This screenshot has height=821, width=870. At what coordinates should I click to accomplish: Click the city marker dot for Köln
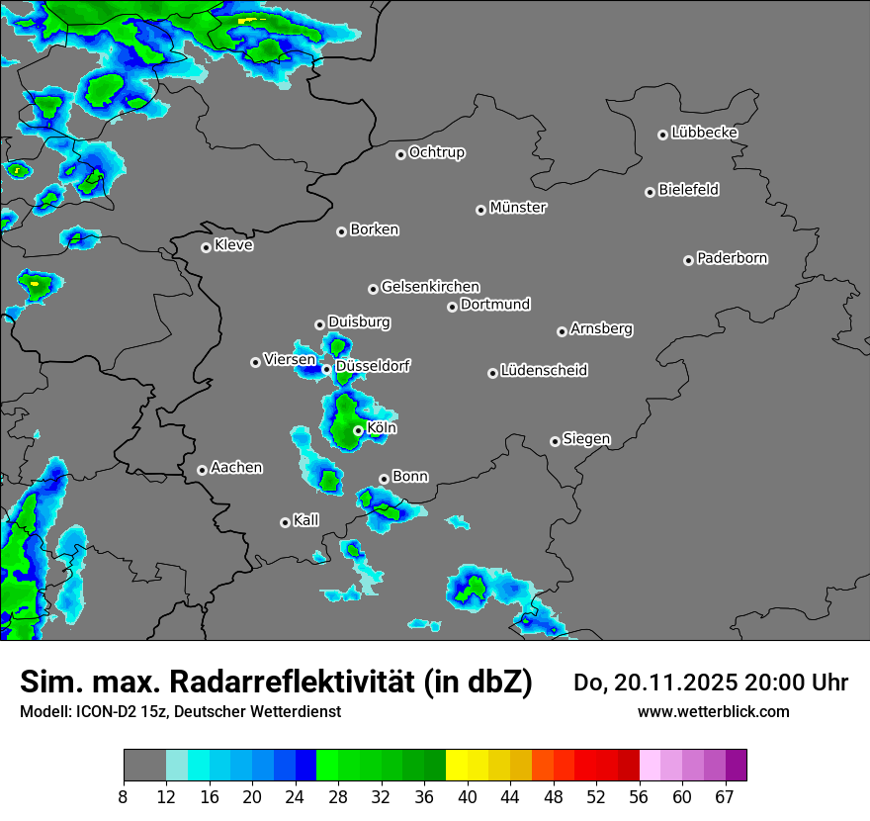pyautogui.click(x=358, y=430)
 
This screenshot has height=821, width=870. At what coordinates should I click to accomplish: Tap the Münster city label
pyautogui.click(x=518, y=208)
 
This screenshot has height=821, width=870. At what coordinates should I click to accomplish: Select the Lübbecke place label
pyautogui.click(x=704, y=133)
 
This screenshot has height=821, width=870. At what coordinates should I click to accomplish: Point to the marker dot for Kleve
pyautogui.click(x=206, y=247)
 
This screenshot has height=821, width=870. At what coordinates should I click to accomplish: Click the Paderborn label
pyautogui.click(x=732, y=258)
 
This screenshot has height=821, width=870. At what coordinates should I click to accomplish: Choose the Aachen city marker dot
pyautogui.click(x=202, y=470)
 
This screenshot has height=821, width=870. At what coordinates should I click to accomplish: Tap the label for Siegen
pyautogui.click(x=586, y=439)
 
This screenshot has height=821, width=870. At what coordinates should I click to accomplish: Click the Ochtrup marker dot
pyautogui.click(x=400, y=153)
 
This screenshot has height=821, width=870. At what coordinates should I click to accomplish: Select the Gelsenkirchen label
pyautogui.click(x=430, y=287)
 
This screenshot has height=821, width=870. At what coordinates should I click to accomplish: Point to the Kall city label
pyautogui.click(x=306, y=520)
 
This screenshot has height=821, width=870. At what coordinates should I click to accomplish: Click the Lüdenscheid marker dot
pyautogui.click(x=492, y=373)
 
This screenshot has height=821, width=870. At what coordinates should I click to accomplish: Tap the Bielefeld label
pyautogui.click(x=688, y=190)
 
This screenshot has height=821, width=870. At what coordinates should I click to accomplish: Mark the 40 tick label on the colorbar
pyautogui.click(x=468, y=797)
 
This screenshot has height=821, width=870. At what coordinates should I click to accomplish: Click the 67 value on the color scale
pyautogui.click(x=725, y=797)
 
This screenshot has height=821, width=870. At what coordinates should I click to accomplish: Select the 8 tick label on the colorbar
pyautogui.click(x=124, y=797)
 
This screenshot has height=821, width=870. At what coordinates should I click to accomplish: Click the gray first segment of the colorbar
pyautogui.click(x=144, y=766)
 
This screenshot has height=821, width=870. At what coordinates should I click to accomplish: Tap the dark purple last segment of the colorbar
pyautogui.click(x=736, y=766)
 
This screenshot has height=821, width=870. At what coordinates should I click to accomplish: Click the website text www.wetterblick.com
pyautogui.click(x=713, y=711)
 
